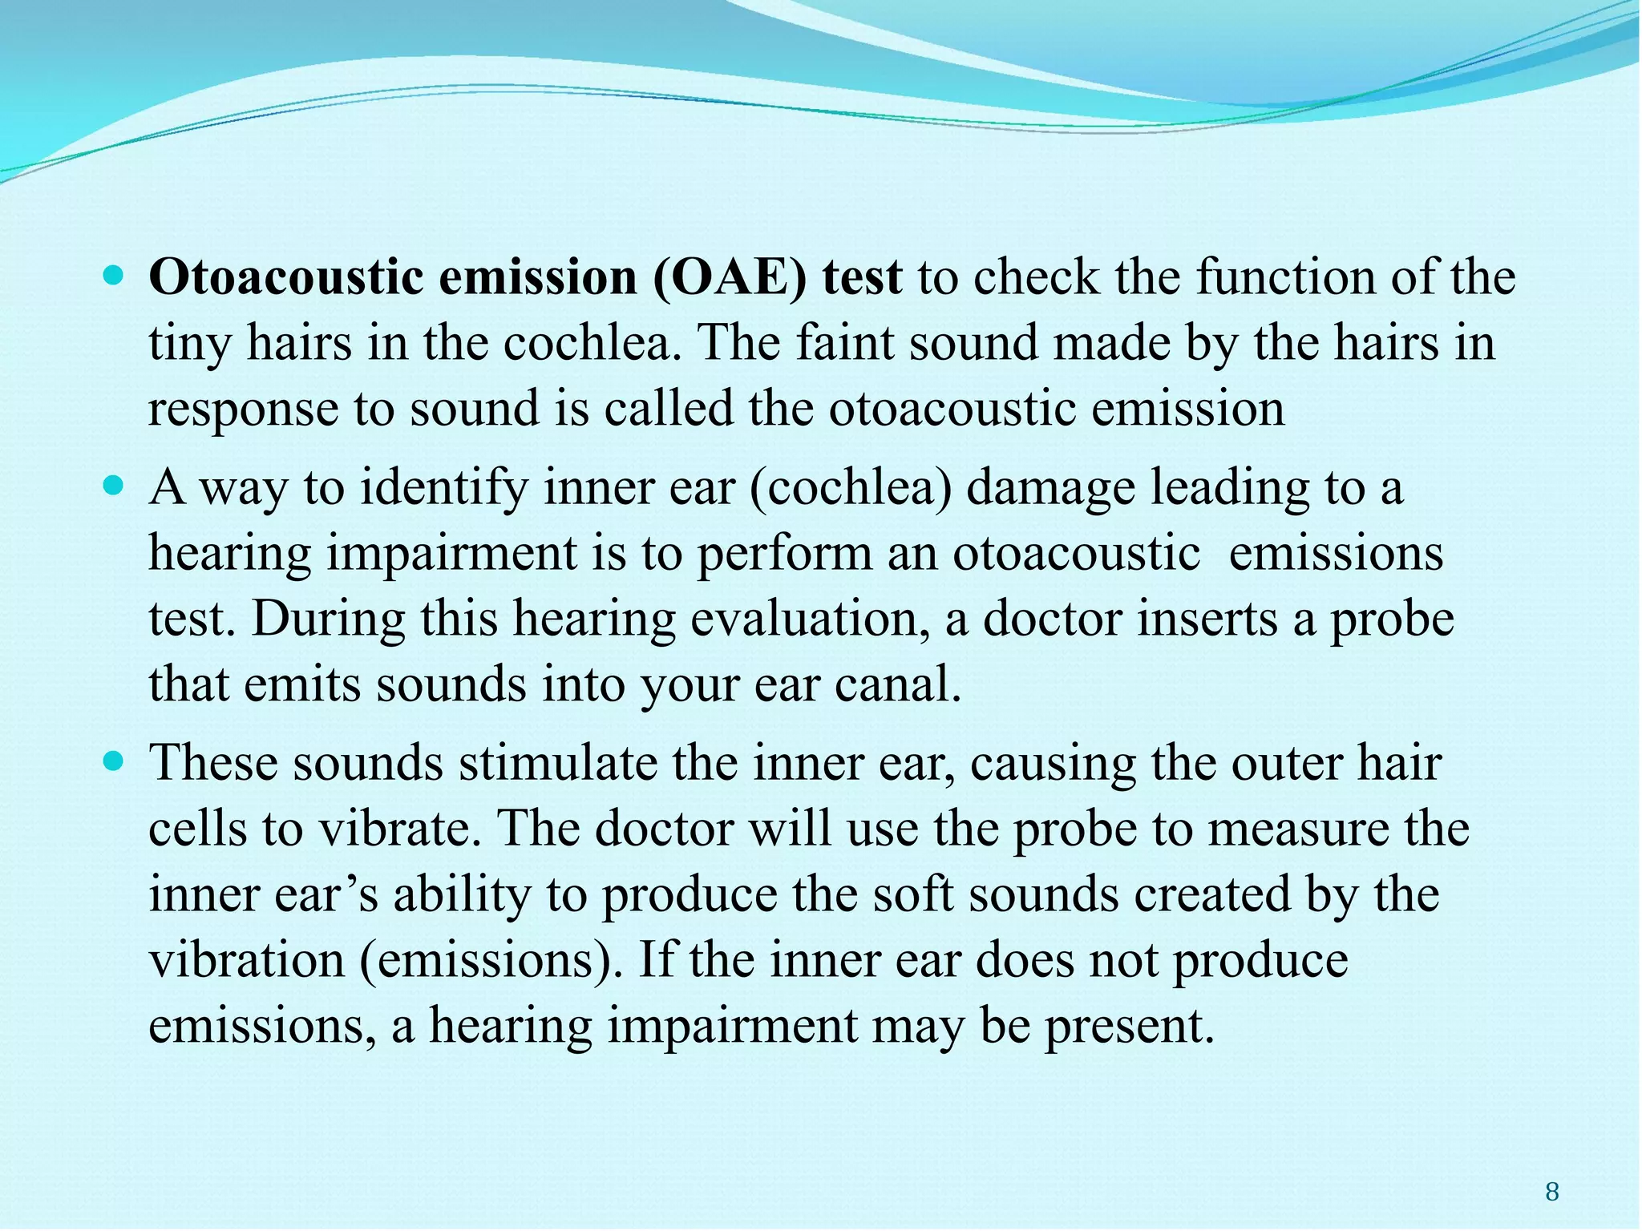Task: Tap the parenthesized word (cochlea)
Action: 851,489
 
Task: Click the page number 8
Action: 1552,1193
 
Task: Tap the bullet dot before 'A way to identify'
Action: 115,486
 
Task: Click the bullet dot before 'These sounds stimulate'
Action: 115,761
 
